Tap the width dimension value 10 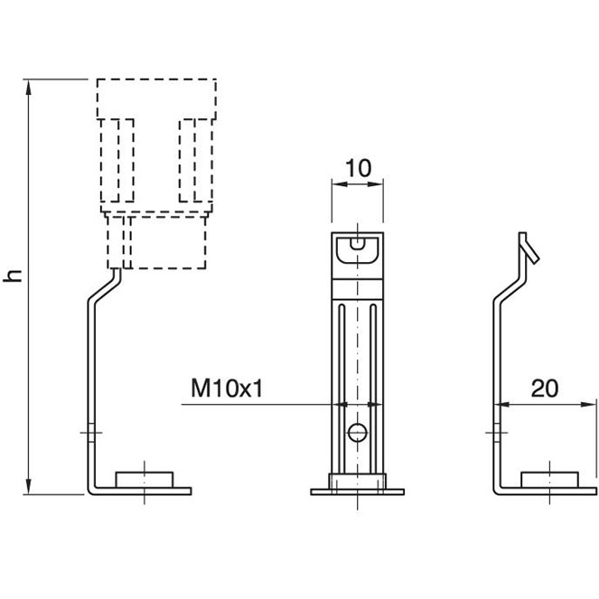[359, 167]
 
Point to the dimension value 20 [544, 388]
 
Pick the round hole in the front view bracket [359, 432]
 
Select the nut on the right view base [550, 478]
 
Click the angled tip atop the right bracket [528, 247]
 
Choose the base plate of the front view [359, 491]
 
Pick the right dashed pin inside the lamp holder [195, 160]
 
